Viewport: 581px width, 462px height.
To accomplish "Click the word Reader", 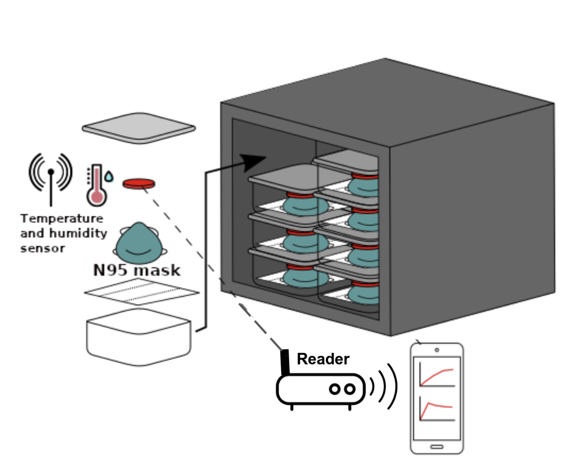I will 323,359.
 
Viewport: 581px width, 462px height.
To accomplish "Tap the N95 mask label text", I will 137,270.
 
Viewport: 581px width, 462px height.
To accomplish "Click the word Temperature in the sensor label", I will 62,219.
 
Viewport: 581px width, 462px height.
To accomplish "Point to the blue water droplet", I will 109,177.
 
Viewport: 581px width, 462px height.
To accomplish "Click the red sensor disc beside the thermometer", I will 139,184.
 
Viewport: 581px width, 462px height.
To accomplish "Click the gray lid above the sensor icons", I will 139,128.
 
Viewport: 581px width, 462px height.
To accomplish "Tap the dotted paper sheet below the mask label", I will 141,291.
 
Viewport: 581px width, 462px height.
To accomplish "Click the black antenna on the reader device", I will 285,362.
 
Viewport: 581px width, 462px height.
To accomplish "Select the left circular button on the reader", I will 335,389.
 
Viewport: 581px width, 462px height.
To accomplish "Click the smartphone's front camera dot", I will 437,350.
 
